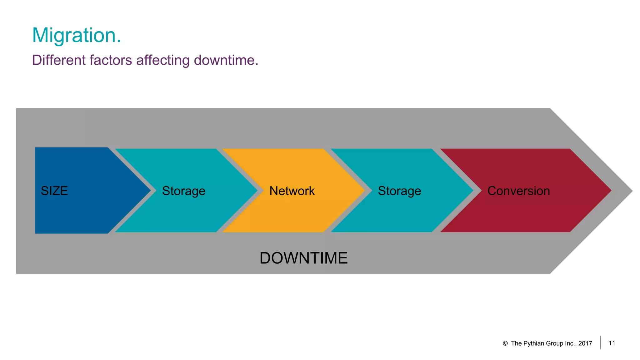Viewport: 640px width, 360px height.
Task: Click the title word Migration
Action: click(x=76, y=35)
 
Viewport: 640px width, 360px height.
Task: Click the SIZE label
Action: click(x=54, y=191)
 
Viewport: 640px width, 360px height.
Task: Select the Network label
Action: click(x=292, y=191)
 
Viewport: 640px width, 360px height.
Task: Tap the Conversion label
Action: click(x=518, y=191)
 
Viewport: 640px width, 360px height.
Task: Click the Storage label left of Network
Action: click(x=184, y=191)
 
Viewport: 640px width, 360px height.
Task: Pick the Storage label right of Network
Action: click(x=399, y=191)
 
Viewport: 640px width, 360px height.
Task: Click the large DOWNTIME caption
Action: click(x=303, y=258)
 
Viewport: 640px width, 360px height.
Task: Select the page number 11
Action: click(x=612, y=343)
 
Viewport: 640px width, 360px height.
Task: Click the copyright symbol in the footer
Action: click(x=505, y=343)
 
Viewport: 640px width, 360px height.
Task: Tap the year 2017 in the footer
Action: click(x=585, y=343)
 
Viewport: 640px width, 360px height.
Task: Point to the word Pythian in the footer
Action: click(x=533, y=343)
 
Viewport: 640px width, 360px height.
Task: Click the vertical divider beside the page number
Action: click(x=600, y=342)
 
